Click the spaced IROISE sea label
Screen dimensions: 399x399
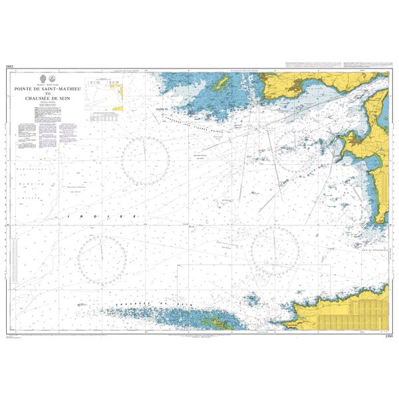click(x=100, y=217)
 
